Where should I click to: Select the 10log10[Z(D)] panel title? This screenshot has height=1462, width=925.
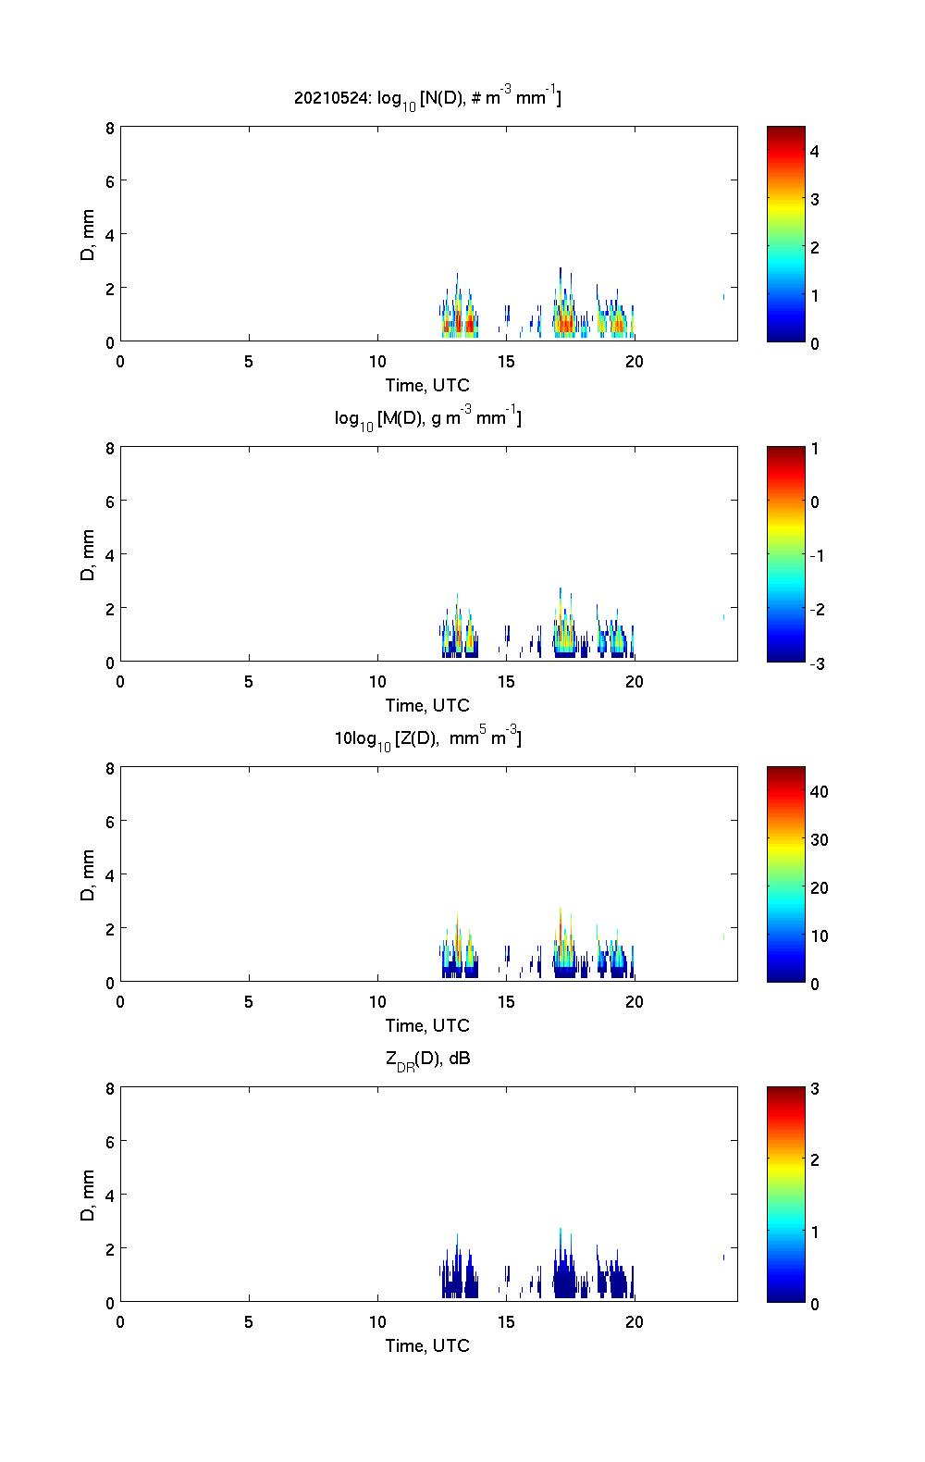point(427,738)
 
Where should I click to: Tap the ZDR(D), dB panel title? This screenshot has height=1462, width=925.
point(427,1059)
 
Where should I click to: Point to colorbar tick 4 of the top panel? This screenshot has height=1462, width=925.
point(815,151)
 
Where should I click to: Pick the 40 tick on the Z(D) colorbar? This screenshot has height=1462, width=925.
point(819,791)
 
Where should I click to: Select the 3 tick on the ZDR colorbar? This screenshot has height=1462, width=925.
point(815,1088)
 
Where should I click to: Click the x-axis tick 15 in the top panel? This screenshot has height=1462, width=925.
point(506,362)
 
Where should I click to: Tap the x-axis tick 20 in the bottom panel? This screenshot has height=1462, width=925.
point(634,1321)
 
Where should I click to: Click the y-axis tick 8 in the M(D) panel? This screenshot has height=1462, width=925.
point(109,449)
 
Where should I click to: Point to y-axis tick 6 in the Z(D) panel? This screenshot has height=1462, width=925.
point(109,822)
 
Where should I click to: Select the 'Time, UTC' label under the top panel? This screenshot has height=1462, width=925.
point(427,386)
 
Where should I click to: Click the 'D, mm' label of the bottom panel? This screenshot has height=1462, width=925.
point(88,1196)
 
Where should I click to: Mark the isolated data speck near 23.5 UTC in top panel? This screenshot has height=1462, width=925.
point(723,297)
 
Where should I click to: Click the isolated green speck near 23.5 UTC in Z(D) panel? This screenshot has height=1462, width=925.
point(723,936)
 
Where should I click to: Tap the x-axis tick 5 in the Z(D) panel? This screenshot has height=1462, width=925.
point(249,1001)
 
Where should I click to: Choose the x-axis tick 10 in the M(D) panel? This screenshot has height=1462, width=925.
point(377,682)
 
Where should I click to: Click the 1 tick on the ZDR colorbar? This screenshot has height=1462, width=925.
point(815,1232)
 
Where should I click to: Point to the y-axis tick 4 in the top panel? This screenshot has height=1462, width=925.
point(109,234)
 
